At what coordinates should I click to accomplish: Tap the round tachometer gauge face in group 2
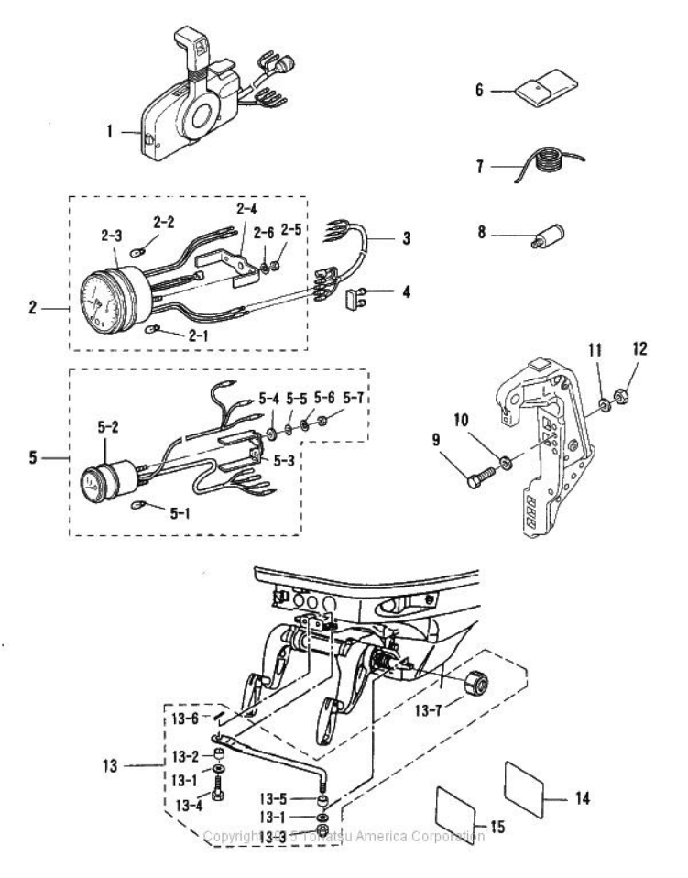(94, 293)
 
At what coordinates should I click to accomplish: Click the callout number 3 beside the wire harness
(405, 238)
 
